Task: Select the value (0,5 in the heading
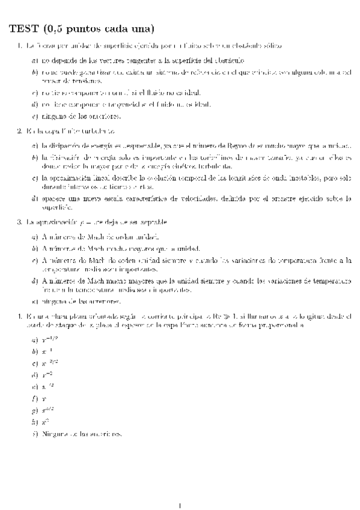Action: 51,28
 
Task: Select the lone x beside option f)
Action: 44,398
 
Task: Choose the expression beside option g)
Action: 47,410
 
